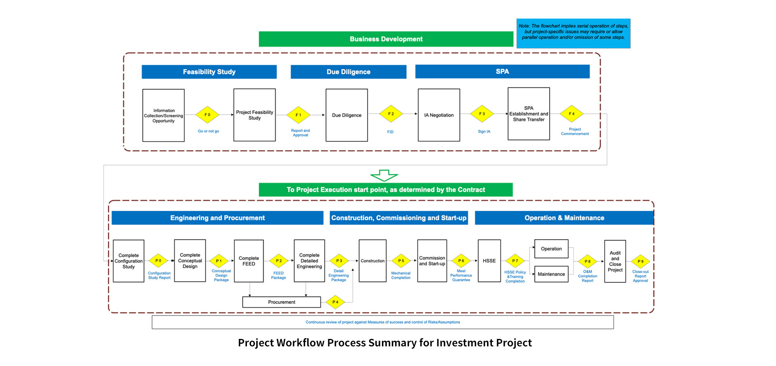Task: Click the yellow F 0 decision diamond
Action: [x=207, y=115]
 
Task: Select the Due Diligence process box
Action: [x=346, y=115]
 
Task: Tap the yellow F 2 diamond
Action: [x=391, y=114]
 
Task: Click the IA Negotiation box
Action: [x=439, y=115]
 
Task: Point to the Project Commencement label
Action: [x=574, y=132]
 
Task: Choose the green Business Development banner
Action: [x=386, y=39]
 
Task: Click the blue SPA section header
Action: [x=502, y=72]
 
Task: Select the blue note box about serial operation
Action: [x=573, y=33]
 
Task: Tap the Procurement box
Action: [x=281, y=302]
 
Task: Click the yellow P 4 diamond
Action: [x=335, y=302]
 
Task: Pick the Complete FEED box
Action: [x=249, y=261]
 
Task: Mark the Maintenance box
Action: [x=551, y=274]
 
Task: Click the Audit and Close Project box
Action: [x=615, y=261]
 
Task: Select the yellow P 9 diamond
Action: [x=640, y=261]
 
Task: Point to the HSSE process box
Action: [x=489, y=261]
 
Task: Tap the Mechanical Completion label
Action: [x=401, y=276]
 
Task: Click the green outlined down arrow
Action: [x=384, y=175]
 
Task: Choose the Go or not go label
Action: [x=208, y=131]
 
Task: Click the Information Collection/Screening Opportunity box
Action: [x=163, y=116]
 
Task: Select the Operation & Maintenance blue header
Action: [x=564, y=218]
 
